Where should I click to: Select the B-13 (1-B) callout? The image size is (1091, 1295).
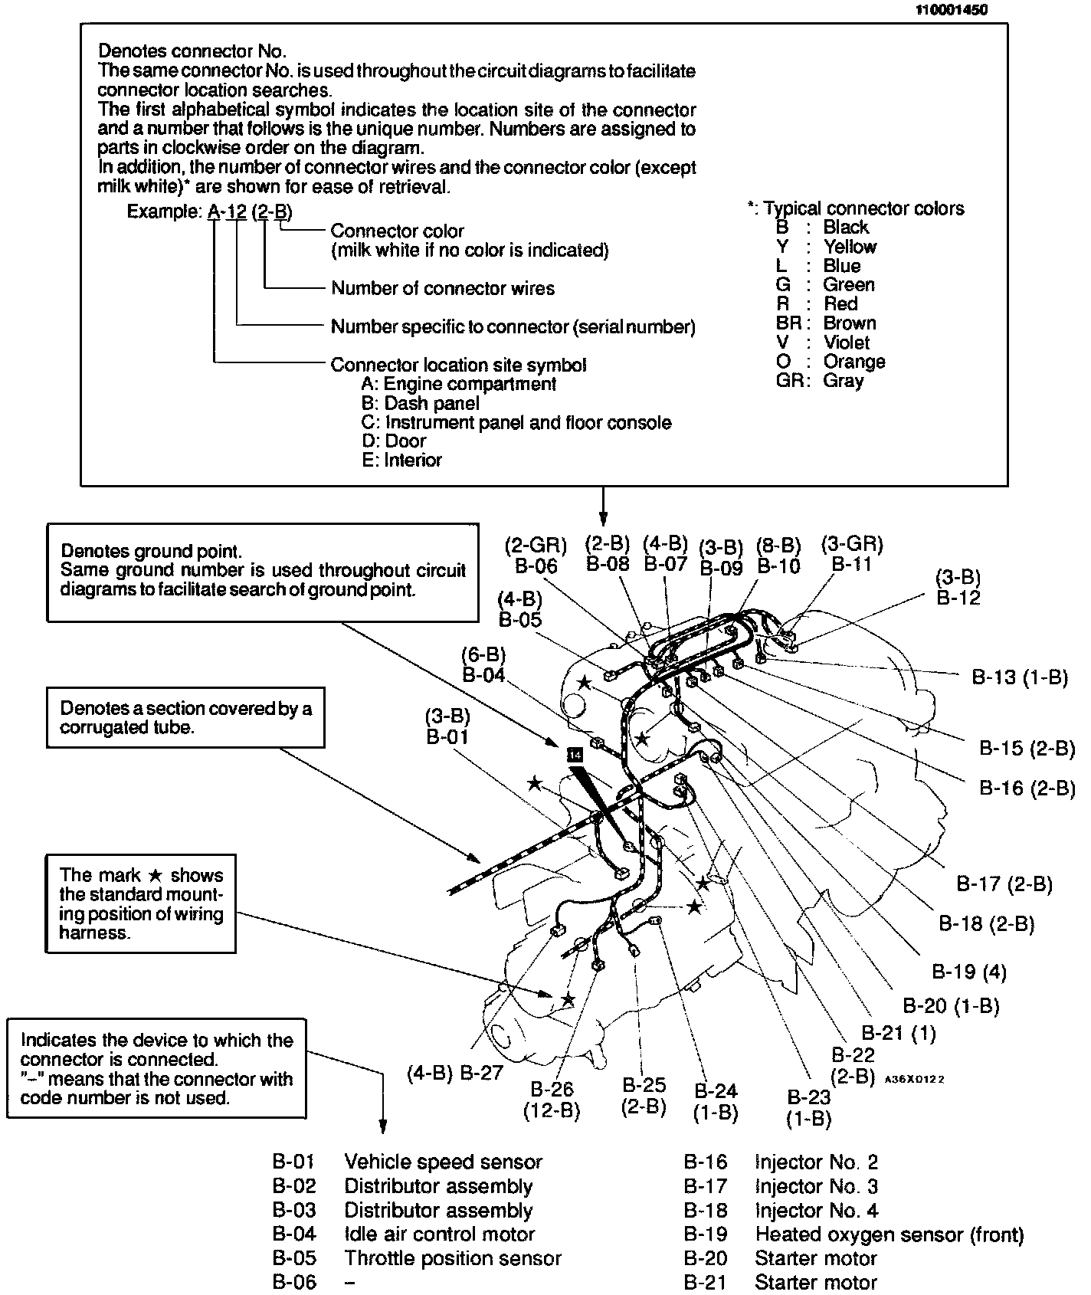tap(1019, 677)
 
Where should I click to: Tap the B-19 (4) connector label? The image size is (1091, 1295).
tap(968, 972)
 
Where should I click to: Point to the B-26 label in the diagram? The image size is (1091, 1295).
tap(552, 1089)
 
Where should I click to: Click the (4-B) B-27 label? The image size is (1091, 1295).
tap(455, 1073)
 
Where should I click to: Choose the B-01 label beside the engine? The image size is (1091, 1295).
tap(447, 737)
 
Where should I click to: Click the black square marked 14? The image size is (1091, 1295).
tap(575, 755)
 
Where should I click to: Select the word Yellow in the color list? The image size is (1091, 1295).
tap(850, 247)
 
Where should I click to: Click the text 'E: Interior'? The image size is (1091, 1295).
tap(401, 461)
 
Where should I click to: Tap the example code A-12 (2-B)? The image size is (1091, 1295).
tap(250, 212)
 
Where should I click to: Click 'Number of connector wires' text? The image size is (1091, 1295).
tap(442, 289)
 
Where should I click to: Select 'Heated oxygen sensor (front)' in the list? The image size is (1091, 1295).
tap(889, 1234)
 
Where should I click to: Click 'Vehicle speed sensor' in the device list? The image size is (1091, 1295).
tap(443, 1162)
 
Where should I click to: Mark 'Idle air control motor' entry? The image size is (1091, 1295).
tap(439, 1234)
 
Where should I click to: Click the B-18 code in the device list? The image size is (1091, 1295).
tap(705, 1211)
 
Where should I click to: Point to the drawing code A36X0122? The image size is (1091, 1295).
tap(914, 1079)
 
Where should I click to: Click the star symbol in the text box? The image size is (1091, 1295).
tap(155, 876)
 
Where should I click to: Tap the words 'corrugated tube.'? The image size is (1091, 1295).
tap(127, 727)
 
